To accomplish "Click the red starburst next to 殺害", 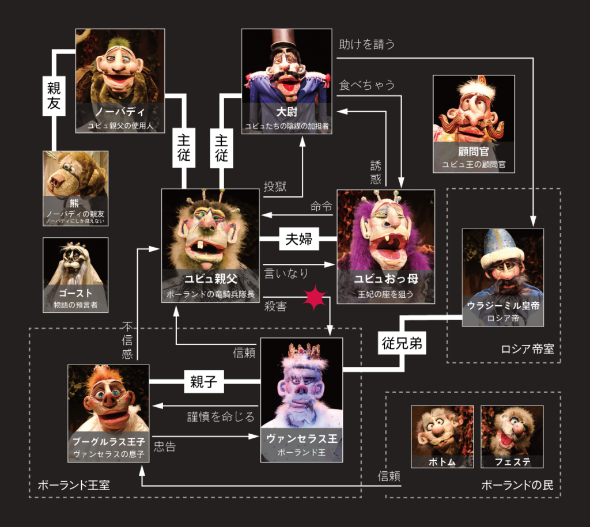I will pos(314,298).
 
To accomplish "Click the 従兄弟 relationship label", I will pos(402,344).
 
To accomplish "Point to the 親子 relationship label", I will pos(203,382).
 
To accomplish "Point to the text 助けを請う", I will pos(367,44).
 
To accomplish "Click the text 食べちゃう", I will pos(367,85).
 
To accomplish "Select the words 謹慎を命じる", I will pos(221,416).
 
